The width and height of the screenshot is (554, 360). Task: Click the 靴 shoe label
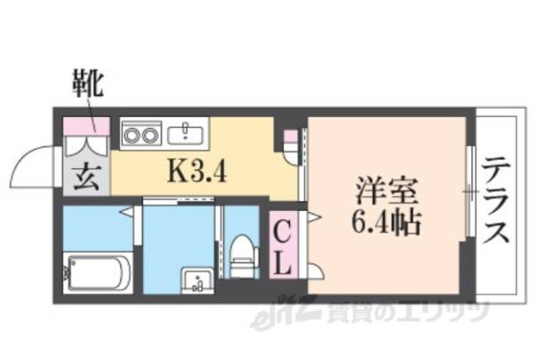tap(87, 86)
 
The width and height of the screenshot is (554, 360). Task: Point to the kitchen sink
tap(187, 133)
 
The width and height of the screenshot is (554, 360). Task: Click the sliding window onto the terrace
tap(470, 190)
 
